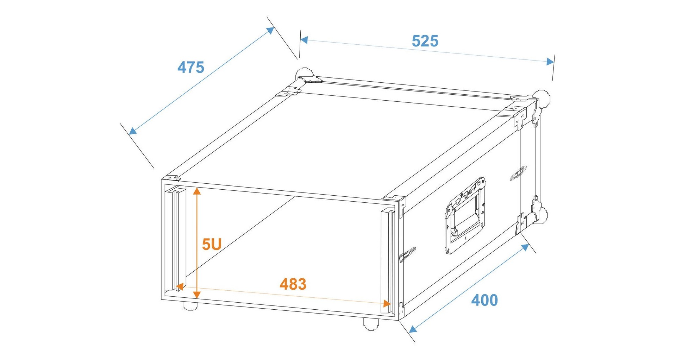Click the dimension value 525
click(x=425, y=41)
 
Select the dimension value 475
click(x=191, y=67)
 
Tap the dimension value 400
click(x=484, y=300)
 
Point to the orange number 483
click(x=293, y=284)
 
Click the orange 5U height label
click(x=212, y=244)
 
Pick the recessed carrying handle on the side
click(x=465, y=215)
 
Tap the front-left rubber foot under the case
click(x=190, y=306)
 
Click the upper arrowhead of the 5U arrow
click(x=197, y=191)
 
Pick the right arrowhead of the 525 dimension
click(x=550, y=62)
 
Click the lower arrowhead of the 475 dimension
click(x=132, y=131)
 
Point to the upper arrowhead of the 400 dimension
click(x=525, y=247)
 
